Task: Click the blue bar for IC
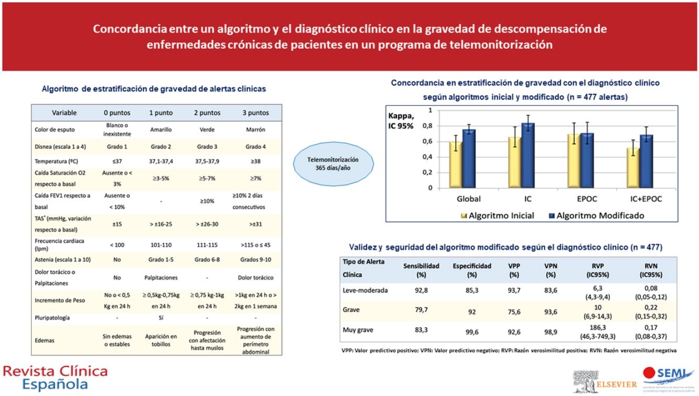[528, 155]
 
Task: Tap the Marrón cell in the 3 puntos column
[255, 130]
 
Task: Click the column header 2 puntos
[208, 112]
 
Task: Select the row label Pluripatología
[52, 318]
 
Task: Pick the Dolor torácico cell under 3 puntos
[255, 278]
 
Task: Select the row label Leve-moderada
[365, 290]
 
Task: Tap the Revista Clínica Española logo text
[55, 378]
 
